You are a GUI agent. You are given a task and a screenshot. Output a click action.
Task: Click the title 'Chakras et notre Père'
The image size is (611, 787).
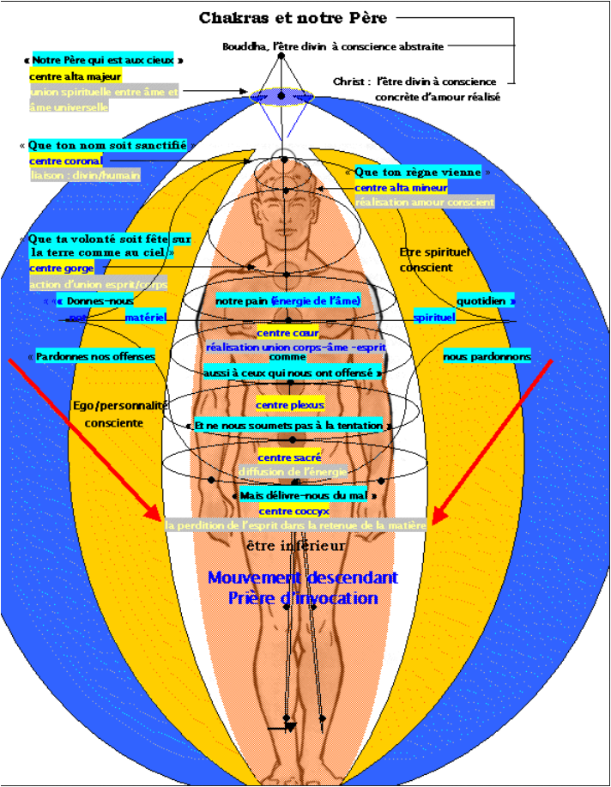click(293, 18)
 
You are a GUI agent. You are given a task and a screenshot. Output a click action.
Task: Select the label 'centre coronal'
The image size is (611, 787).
click(65, 160)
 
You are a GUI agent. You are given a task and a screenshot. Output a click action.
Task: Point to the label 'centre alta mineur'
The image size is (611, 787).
click(401, 187)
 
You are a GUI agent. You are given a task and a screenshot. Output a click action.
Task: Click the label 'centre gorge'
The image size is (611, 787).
click(62, 269)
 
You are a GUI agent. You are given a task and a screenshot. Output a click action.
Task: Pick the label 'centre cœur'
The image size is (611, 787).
click(287, 333)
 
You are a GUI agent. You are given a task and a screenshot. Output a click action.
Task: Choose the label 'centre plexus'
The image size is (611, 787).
click(287, 404)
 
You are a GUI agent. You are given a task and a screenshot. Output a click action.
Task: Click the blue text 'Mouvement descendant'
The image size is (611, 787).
click(302, 578)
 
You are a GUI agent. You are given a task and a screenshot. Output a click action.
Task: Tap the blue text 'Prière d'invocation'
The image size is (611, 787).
click(303, 598)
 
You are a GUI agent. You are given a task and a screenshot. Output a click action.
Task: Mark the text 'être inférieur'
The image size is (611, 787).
click(295, 546)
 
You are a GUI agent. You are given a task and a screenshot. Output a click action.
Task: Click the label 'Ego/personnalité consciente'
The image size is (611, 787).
click(119, 414)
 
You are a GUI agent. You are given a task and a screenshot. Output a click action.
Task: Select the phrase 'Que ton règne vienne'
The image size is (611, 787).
click(418, 173)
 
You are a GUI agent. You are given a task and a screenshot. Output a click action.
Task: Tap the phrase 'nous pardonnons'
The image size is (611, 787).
click(487, 356)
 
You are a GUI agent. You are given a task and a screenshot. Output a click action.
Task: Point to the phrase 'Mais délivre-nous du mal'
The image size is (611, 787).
click(305, 496)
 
